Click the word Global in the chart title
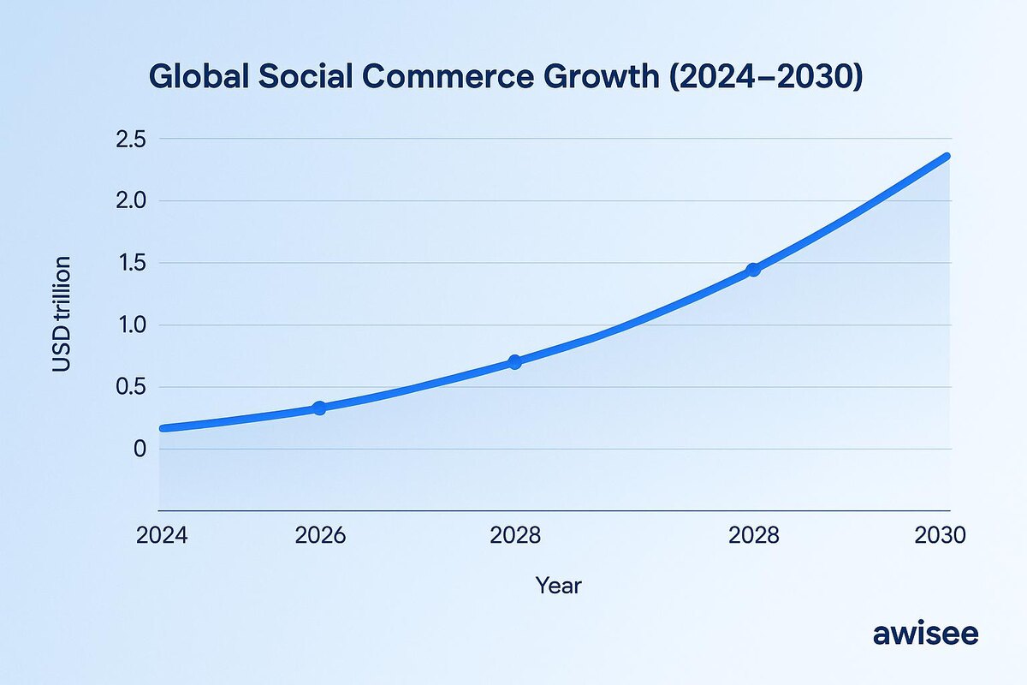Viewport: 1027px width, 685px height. click(199, 77)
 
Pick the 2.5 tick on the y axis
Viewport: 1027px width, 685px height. click(130, 140)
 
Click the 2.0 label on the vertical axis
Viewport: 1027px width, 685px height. click(130, 201)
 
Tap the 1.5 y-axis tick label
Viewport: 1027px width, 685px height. click(130, 264)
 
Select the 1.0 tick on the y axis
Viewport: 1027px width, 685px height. click(130, 325)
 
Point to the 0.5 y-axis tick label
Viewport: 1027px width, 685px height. click(130, 388)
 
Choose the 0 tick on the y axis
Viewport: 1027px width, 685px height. click(140, 450)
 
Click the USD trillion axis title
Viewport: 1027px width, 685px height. click(62, 314)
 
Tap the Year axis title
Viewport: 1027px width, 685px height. click(558, 586)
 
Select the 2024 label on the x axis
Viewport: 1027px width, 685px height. click(162, 536)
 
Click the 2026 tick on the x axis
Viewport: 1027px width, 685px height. click(320, 536)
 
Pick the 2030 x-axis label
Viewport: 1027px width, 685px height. click(940, 536)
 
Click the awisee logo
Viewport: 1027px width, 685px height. click(925, 634)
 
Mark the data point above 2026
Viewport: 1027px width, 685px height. click(319, 408)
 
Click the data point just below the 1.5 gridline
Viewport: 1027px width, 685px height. click(753, 270)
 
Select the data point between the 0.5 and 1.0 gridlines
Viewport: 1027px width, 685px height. click(514, 362)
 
